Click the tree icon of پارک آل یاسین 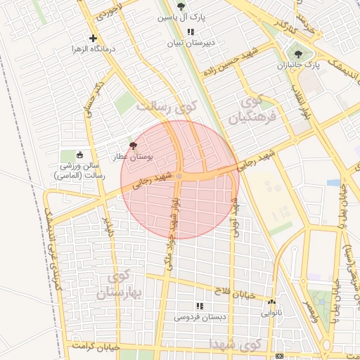point(181,6)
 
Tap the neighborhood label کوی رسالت point(167,108)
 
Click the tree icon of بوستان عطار point(134,145)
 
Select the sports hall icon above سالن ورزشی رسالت point(79,155)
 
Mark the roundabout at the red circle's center point(180,176)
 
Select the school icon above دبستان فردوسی point(199,306)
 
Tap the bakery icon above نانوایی point(271,302)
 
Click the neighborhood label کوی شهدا point(236,343)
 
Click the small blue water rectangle point(333,183)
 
